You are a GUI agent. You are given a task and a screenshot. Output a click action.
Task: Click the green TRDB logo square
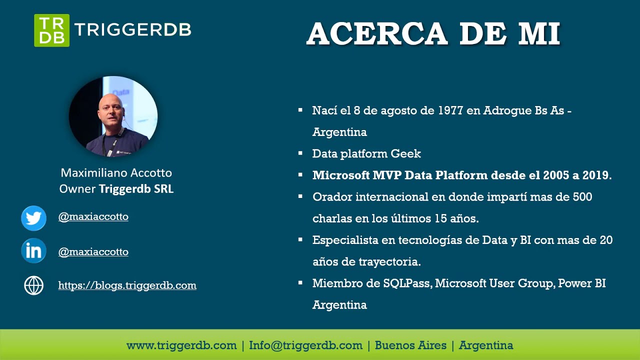pyautogui.click(x=51, y=30)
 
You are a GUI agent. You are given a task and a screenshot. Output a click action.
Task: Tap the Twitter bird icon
pyautogui.click(x=33, y=218)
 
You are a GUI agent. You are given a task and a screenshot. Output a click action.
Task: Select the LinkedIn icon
pyautogui.click(x=33, y=251)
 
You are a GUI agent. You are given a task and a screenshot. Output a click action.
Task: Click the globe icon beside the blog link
pyautogui.click(x=33, y=285)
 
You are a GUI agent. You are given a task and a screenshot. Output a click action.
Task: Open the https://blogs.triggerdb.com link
pyautogui.click(x=127, y=285)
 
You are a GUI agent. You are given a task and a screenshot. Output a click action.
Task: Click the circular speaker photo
pyautogui.click(x=113, y=116)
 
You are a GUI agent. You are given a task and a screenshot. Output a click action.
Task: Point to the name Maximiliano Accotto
pyautogui.click(x=116, y=173)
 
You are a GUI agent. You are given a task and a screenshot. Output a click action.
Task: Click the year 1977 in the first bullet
pyautogui.click(x=450, y=110)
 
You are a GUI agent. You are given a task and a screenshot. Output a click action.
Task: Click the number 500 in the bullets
pyautogui.click(x=581, y=197)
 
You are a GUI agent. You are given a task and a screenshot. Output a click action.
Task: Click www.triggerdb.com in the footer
pyautogui.click(x=181, y=345)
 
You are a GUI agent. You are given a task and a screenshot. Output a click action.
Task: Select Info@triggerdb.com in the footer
pyautogui.click(x=305, y=345)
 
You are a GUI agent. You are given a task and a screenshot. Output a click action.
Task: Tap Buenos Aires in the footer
pyautogui.click(x=410, y=345)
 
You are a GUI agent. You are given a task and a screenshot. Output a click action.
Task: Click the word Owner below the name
pyautogui.click(x=77, y=189)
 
